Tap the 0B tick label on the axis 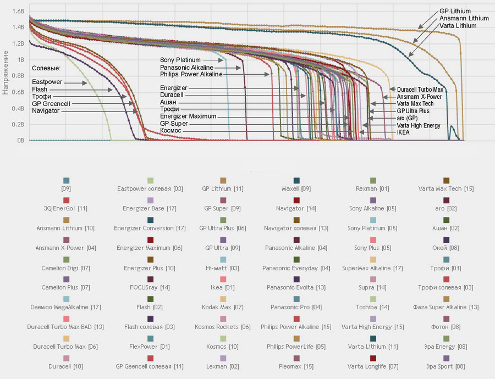[x=20, y=141]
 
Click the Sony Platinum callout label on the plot [x=180, y=59]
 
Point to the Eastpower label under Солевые [x=47, y=82]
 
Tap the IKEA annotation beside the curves [x=403, y=132]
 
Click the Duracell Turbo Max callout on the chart [x=420, y=89]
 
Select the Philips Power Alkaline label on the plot [x=191, y=74]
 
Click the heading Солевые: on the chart [x=46, y=68]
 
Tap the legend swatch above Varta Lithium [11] [x=373, y=338]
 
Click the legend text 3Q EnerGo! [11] [x=66, y=209]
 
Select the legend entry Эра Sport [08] [x=446, y=366]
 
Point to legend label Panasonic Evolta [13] [x=296, y=287]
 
